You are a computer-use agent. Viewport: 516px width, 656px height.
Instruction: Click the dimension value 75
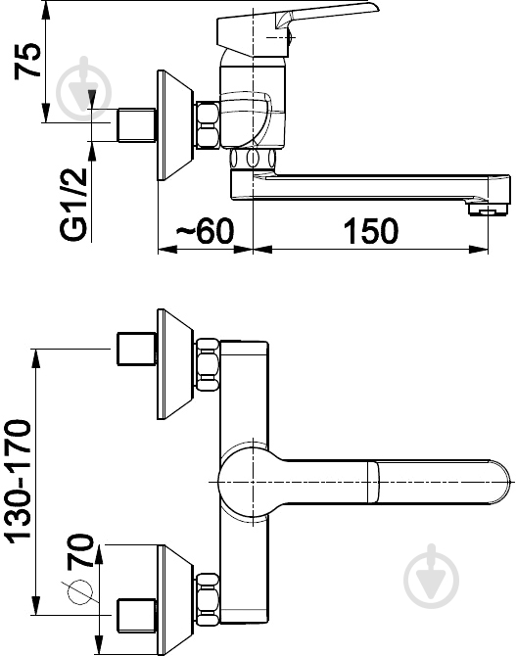click(x=28, y=61)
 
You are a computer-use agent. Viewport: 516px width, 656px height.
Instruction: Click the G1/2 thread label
click(x=74, y=205)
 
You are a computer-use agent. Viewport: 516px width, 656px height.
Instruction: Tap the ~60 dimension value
click(x=205, y=230)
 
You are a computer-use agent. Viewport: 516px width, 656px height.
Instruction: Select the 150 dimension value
click(x=371, y=230)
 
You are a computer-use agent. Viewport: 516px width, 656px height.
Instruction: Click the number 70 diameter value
click(x=79, y=550)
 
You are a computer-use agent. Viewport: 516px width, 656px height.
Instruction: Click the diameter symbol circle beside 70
click(x=79, y=592)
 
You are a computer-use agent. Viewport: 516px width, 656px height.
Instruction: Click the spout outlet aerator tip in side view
click(x=489, y=209)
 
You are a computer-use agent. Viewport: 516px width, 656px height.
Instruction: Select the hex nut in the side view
click(x=208, y=124)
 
